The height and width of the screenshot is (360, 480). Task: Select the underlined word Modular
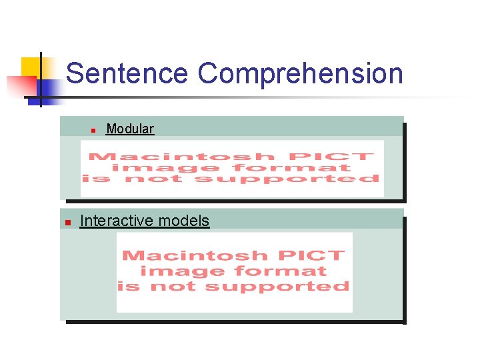[x=130, y=129]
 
